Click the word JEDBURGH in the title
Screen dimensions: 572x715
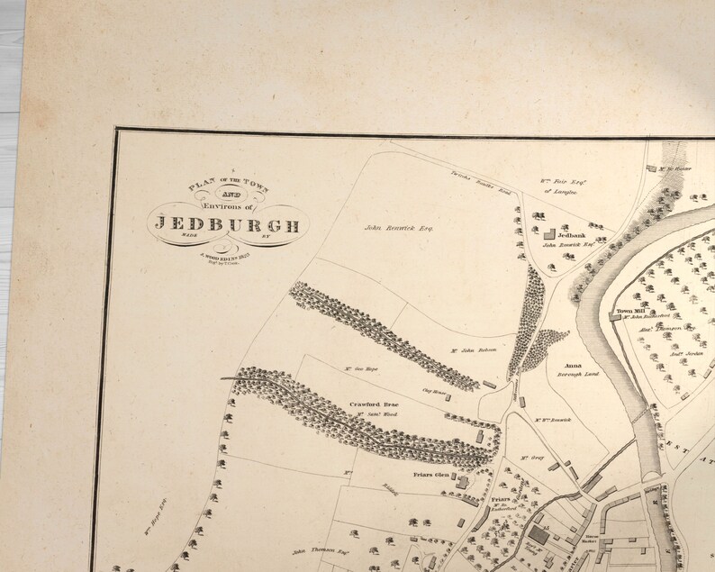tap(226, 225)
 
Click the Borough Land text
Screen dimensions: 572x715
tap(578, 374)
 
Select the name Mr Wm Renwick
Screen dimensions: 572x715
tap(552, 420)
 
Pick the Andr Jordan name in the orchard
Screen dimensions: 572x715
tap(685, 357)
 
